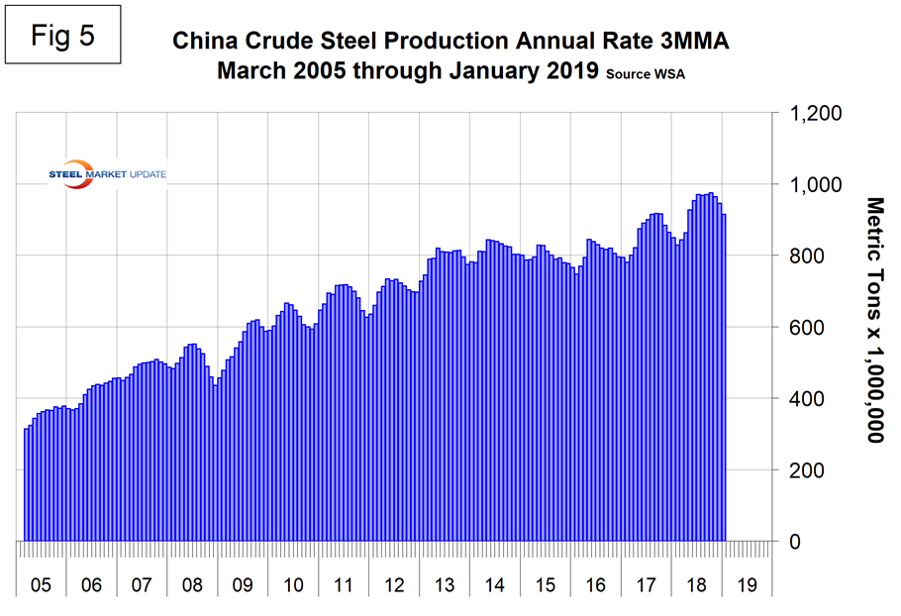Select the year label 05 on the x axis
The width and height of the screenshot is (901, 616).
point(41,585)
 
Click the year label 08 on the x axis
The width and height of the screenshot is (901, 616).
point(192,585)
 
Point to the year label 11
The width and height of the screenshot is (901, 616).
point(344,585)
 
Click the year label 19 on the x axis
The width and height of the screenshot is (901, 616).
point(748,585)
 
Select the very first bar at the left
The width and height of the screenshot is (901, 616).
point(27,484)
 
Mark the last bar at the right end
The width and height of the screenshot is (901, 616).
point(724,377)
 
